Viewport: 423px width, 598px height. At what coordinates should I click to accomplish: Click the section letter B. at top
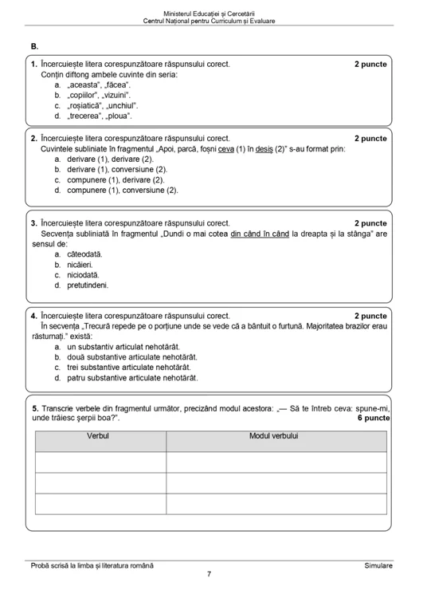[x=34, y=47]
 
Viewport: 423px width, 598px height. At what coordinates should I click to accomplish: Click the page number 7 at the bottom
[x=209, y=574]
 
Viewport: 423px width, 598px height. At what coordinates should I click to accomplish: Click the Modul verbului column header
[x=273, y=437]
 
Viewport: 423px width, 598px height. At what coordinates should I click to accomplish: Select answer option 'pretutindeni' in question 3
[x=88, y=285]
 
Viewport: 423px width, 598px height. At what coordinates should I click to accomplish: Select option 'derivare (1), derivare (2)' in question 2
[x=110, y=159]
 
